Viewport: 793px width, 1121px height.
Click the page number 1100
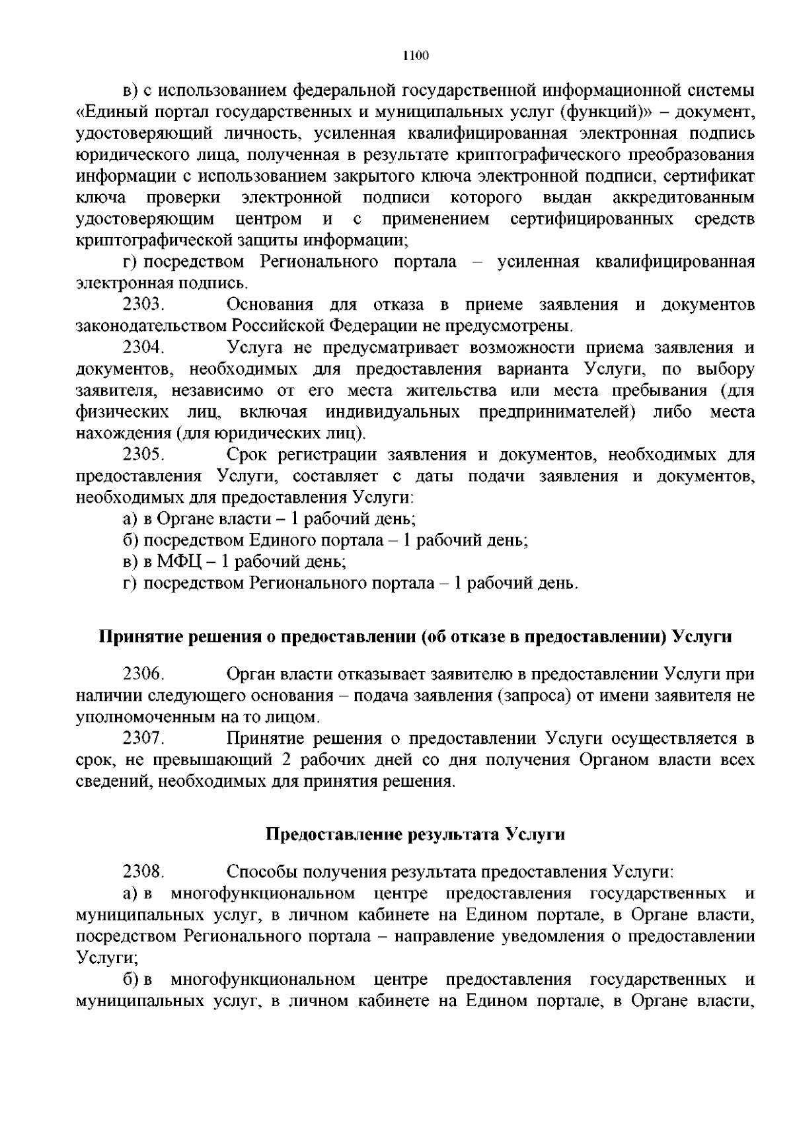coord(416,55)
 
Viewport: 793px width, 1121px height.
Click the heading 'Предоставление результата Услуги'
coord(415,834)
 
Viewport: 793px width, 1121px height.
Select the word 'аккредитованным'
coord(683,198)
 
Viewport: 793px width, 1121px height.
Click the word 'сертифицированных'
coord(592,219)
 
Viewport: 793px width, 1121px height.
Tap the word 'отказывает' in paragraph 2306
coord(383,674)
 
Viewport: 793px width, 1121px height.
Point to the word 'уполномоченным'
coord(141,717)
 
